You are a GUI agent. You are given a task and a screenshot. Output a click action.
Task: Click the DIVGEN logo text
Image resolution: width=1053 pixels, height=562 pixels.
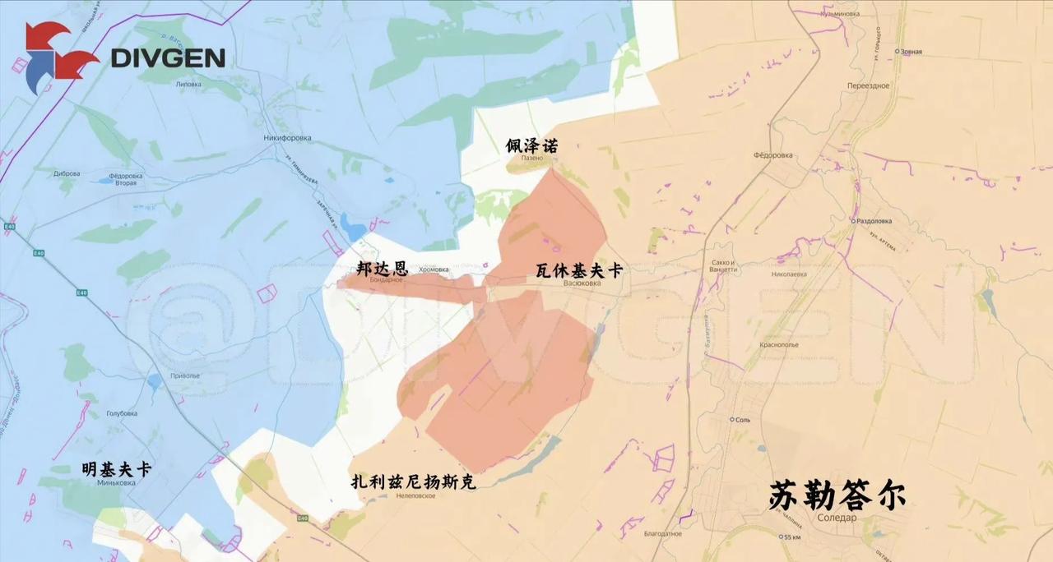coord(167,58)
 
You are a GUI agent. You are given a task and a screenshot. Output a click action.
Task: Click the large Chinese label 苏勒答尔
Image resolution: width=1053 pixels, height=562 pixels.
coord(837,495)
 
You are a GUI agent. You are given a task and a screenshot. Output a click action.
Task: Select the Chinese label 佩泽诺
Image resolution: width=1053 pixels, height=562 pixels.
coord(531,146)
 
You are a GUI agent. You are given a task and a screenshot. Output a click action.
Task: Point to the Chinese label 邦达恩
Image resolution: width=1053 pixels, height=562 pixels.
coord(382,268)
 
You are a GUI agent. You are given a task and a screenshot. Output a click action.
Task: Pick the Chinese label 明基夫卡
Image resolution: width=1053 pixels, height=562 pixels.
coord(116,469)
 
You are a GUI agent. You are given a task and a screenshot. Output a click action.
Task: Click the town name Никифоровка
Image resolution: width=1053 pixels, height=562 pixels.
coord(287,138)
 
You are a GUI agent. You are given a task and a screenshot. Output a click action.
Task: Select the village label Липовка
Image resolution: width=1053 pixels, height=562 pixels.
coord(188,84)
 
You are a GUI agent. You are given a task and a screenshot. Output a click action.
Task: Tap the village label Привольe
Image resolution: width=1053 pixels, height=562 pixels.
coord(185,375)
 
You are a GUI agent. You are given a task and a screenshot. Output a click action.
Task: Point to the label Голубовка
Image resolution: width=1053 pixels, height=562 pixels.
coord(122,413)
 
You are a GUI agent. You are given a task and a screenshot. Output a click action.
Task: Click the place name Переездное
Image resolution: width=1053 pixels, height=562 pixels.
coord(868,85)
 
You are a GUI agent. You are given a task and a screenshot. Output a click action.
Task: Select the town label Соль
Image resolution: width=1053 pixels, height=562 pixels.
coord(741,419)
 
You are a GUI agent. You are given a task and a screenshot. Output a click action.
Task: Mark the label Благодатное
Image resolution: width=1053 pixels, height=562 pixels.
coord(663,533)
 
